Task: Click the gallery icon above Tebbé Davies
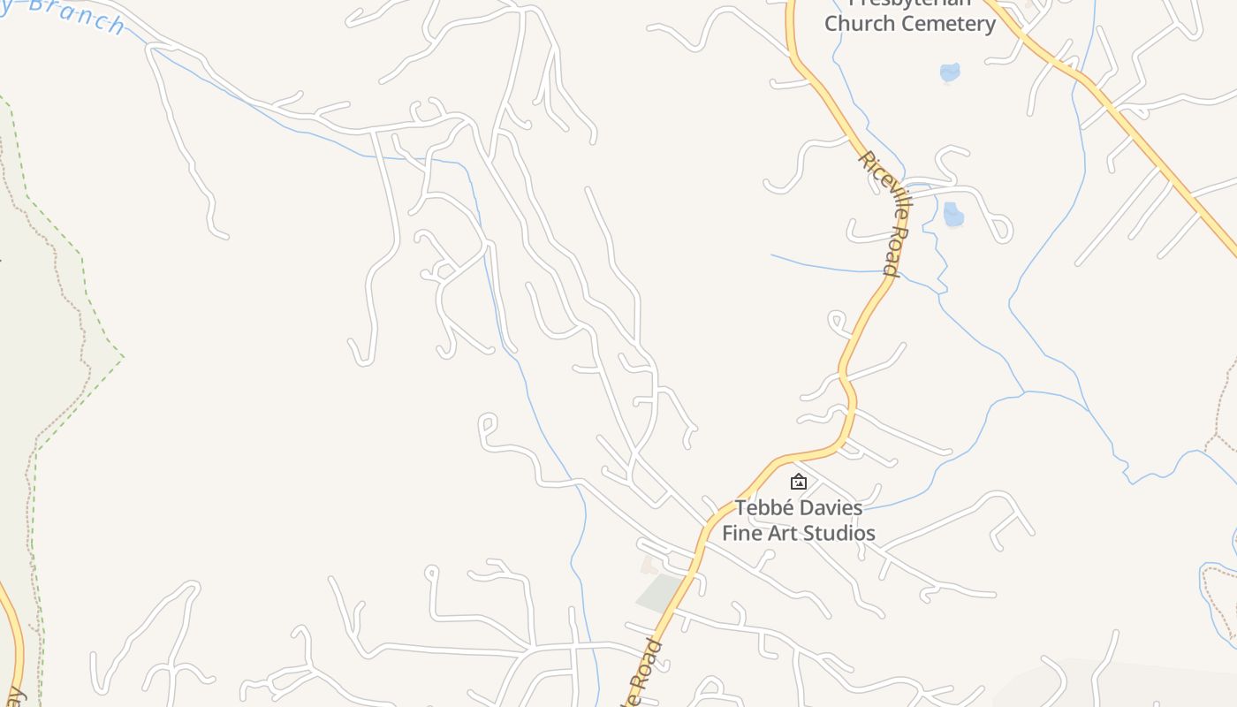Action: point(799,482)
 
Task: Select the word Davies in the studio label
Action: point(831,508)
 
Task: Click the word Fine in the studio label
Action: point(740,533)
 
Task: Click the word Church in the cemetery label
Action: point(856,24)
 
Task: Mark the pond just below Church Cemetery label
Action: point(950,72)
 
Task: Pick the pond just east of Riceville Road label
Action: point(952,214)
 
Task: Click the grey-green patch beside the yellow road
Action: point(658,591)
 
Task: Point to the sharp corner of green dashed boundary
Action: point(122,357)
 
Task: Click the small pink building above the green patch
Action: point(650,564)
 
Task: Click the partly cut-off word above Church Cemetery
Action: point(909,4)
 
